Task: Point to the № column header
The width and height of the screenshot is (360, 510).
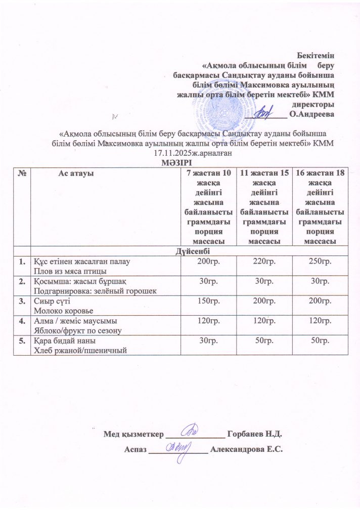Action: [x=22, y=174]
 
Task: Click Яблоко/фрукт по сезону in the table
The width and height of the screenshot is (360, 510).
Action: [x=77, y=330]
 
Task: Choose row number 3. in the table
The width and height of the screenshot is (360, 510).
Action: [x=22, y=301]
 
